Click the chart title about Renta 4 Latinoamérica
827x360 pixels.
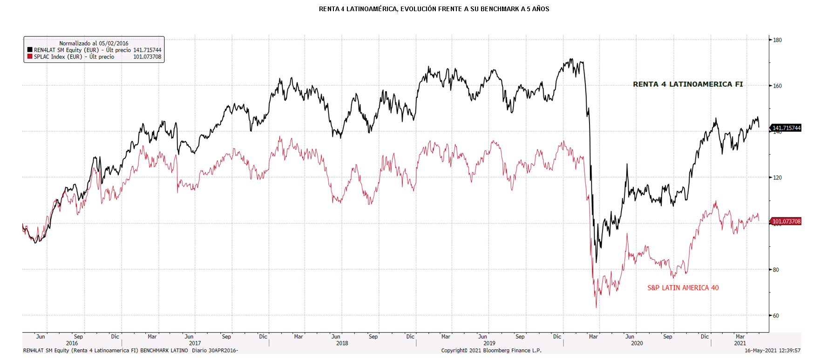click(434, 9)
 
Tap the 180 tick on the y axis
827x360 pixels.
click(777, 40)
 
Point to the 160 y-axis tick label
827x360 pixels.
click(777, 86)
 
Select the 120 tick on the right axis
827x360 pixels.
click(777, 177)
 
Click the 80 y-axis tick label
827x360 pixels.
click(776, 270)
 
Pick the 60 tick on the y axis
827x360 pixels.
click(776, 316)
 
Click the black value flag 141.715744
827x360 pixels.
click(786, 128)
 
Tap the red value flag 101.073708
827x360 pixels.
click(786, 221)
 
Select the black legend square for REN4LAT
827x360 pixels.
click(30, 50)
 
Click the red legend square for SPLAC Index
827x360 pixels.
click(30, 57)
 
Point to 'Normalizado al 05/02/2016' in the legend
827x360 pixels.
click(94, 43)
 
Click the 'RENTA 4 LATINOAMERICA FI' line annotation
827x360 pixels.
click(688, 84)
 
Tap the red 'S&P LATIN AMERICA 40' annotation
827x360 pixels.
click(683, 288)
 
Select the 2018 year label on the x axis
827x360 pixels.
click(342, 343)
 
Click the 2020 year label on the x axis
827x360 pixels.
click(637, 343)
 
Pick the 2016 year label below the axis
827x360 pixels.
click(72, 343)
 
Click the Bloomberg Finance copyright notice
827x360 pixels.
click(491, 351)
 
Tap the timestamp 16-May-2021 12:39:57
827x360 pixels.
click(773, 351)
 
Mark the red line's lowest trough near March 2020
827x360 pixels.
click(596, 307)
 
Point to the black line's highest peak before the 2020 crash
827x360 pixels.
click(571, 59)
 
